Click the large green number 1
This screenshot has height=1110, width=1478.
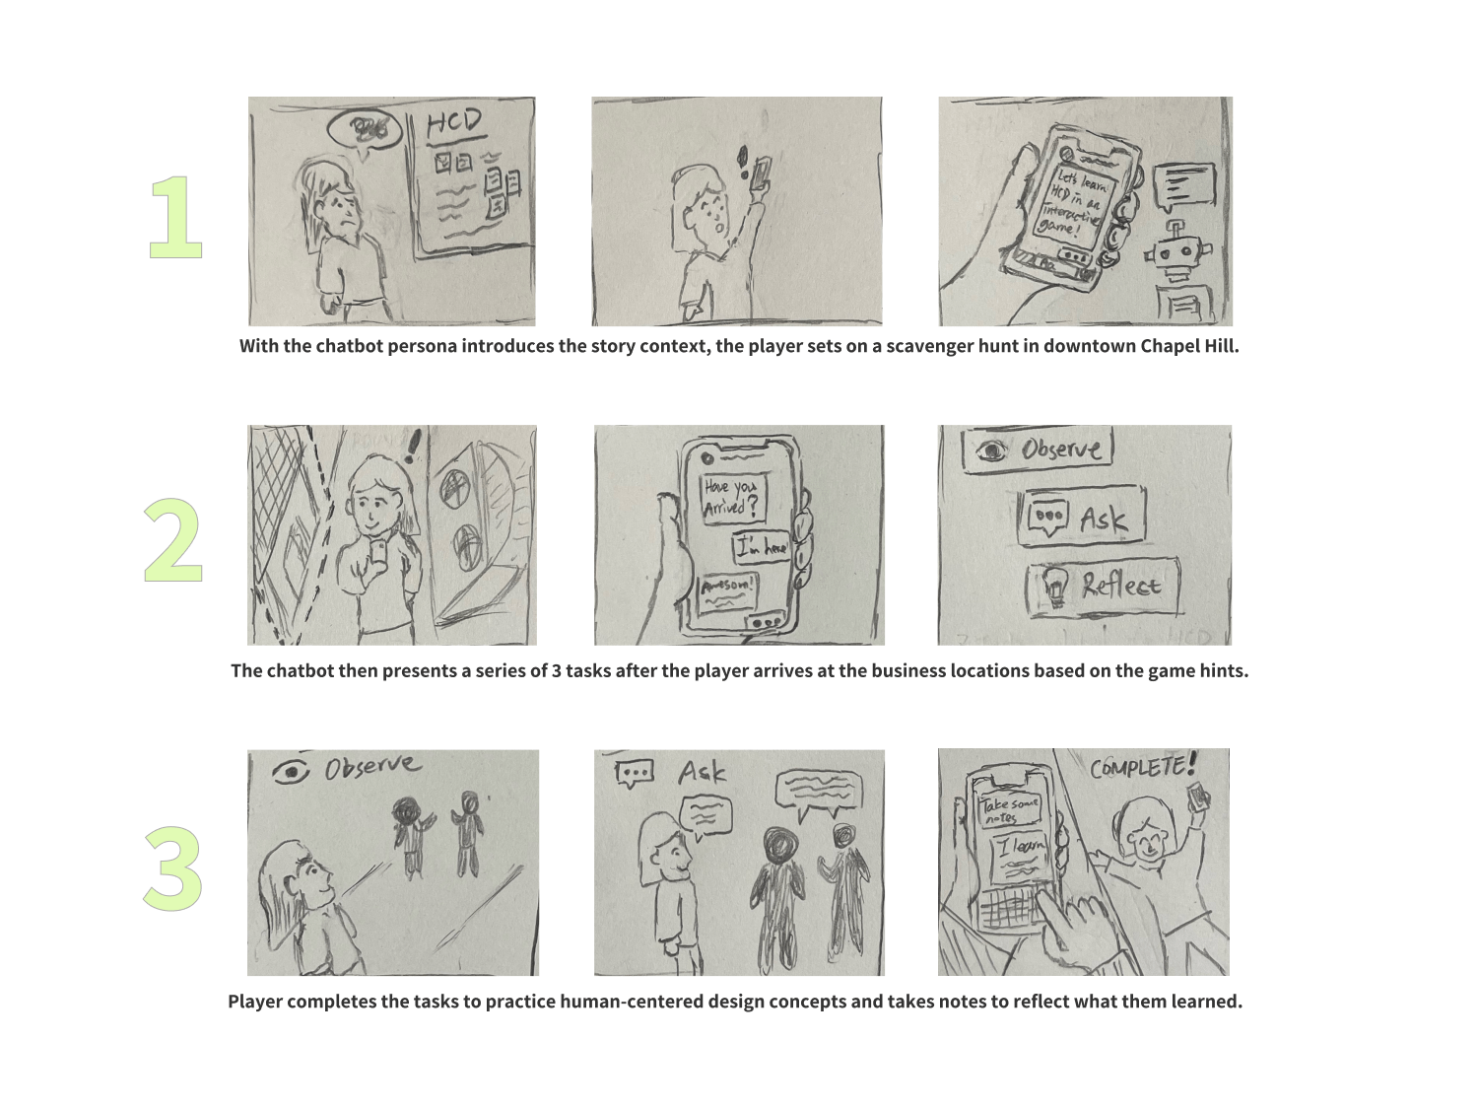(175, 218)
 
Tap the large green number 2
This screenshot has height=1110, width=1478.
(173, 541)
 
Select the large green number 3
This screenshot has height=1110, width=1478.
(173, 868)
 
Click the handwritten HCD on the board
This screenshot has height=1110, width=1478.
(454, 123)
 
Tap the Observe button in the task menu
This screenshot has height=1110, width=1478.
(1038, 450)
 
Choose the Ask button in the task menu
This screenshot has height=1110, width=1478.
(1082, 517)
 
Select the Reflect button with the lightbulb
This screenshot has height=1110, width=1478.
(1103, 587)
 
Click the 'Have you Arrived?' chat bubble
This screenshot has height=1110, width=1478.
(731, 499)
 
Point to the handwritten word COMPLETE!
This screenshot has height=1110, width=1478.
(1143, 766)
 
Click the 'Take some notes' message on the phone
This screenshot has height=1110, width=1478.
(1008, 810)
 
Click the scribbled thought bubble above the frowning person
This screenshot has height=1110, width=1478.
(366, 128)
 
